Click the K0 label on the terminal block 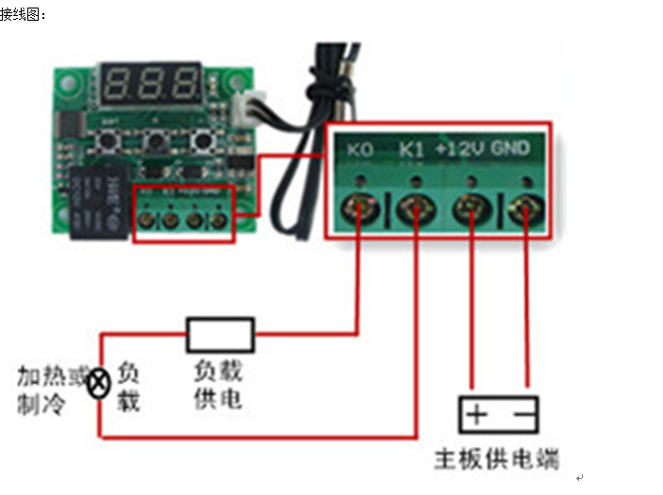[359, 149]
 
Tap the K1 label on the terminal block [412, 149]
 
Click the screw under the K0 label [359, 206]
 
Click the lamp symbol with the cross [98, 384]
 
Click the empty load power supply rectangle [221, 334]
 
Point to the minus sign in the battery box [522, 415]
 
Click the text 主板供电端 [496, 459]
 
